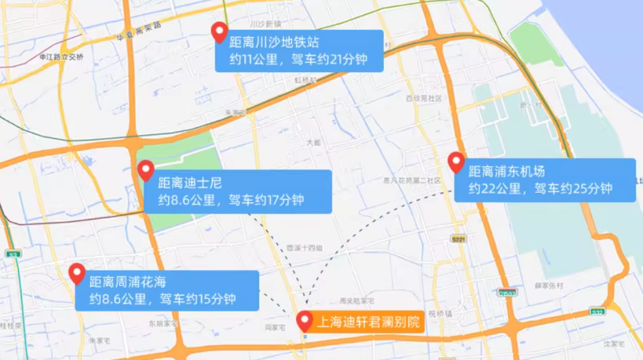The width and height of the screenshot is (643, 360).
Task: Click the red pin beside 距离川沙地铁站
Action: coord(220,32)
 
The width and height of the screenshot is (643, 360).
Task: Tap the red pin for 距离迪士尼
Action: coord(146,171)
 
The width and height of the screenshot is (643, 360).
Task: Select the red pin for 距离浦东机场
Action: coord(456,162)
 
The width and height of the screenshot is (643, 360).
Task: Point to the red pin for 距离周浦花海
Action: coord(77,273)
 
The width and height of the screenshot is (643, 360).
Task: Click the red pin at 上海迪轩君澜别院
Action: coord(305,321)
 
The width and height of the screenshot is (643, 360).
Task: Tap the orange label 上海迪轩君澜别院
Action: coord(368,322)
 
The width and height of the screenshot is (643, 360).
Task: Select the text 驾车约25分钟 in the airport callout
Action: coord(573,189)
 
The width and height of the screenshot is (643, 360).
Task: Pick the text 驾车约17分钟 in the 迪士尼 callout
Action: coord(266,200)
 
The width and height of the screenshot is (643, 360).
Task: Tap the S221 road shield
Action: coord(458,239)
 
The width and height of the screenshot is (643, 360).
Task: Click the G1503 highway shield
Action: coord(508,292)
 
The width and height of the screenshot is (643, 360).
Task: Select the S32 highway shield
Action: coord(597,312)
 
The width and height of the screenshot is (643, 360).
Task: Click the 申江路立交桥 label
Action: coord(61,57)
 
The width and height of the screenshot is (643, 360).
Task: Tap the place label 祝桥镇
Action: coord(440,314)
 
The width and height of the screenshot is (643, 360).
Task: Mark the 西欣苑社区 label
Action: coord(423,98)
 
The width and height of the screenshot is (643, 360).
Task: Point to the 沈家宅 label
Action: coord(613,344)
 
